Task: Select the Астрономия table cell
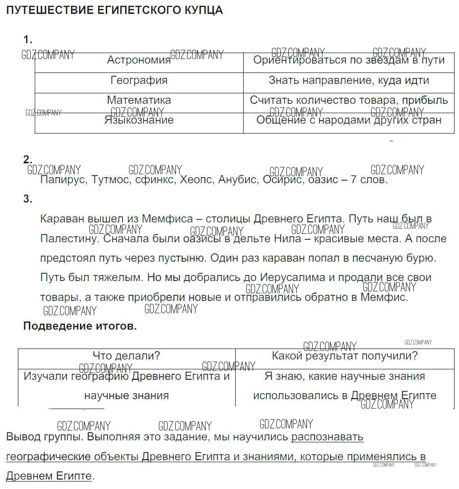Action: pos(139,61)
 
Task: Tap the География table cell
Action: pos(139,80)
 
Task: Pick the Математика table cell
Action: pos(139,100)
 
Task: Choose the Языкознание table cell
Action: pos(139,120)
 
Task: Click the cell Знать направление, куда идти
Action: pos(349,80)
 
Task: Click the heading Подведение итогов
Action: pos(80,327)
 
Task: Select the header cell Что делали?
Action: pos(127,356)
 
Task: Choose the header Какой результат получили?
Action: pos(344,356)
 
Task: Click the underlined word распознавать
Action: pos(327,437)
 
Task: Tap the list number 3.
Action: pos(27,199)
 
